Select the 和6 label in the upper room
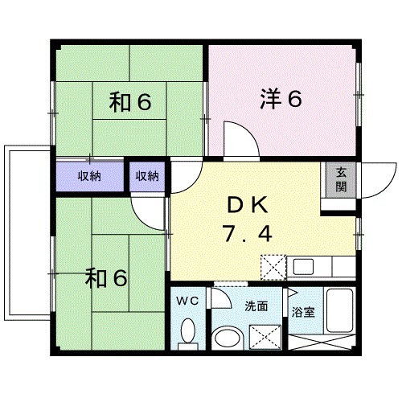(x=131, y=102)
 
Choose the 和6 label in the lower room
(x=107, y=278)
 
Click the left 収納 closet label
(x=88, y=176)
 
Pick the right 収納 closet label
(x=147, y=176)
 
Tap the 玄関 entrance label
(x=341, y=179)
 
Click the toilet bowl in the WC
(x=188, y=331)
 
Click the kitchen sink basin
(x=303, y=267)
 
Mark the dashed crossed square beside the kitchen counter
(x=272, y=267)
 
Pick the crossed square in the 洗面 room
(x=265, y=336)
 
